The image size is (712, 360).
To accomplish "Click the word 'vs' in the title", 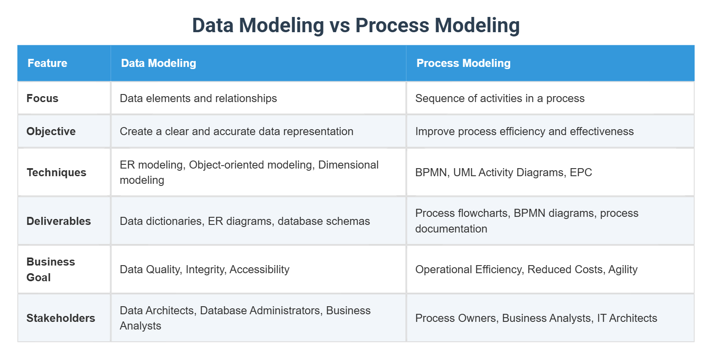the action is click(x=339, y=25).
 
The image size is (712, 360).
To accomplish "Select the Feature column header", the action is click(x=47, y=63).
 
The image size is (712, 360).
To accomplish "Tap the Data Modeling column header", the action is click(x=159, y=63).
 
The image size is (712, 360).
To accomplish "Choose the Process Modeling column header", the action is click(x=463, y=63).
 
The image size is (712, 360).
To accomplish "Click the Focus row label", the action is click(x=42, y=98).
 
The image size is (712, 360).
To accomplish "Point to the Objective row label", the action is click(x=51, y=131).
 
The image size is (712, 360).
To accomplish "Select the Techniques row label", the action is click(x=56, y=172).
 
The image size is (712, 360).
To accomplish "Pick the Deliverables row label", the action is click(x=58, y=221).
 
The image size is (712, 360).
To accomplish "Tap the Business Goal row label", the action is click(x=50, y=269).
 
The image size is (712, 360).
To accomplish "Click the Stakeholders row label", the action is click(x=61, y=318).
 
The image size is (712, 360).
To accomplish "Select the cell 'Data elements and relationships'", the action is click(x=198, y=98).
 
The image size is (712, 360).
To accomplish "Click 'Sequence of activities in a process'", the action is click(x=500, y=98).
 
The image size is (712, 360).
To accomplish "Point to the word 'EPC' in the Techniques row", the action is click(x=581, y=172).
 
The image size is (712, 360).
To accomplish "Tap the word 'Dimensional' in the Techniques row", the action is click(x=348, y=165).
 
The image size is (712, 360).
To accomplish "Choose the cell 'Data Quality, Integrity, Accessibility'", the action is click(x=204, y=269).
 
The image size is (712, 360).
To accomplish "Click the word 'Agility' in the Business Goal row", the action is click(x=623, y=269).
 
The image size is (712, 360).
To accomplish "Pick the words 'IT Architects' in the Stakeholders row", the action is click(x=627, y=318).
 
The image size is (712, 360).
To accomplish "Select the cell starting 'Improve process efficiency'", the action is click(x=524, y=131).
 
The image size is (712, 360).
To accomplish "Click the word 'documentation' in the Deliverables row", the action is click(x=451, y=229).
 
